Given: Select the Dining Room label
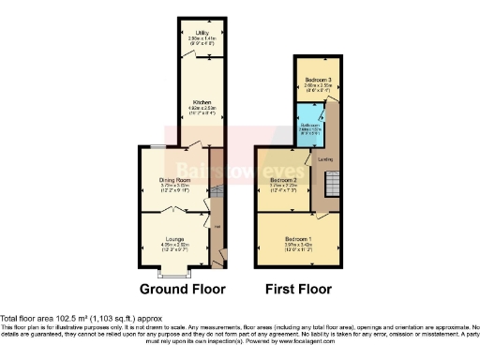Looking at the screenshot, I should pyautogui.click(x=175, y=180).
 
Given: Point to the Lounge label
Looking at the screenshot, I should pyautogui.click(x=175, y=239).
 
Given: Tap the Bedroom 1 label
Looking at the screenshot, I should pyautogui.click(x=300, y=239).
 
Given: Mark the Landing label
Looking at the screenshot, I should pyautogui.click(x=325, y=158).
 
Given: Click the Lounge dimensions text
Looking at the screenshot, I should pyautogui.click(x=175, y=247).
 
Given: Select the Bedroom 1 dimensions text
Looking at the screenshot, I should pyautogui.click(x=300, y=247).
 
